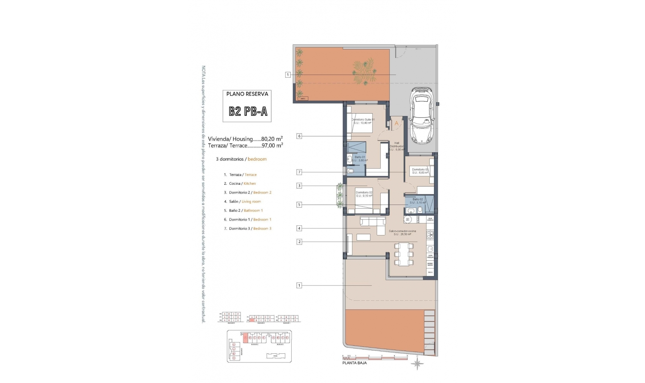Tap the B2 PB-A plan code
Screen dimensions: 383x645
point(248,112)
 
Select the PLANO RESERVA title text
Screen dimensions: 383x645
point(247,94)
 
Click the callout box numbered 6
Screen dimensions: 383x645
point(299,136)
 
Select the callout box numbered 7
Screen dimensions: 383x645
point(299,172)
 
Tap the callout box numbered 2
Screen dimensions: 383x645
point(299,242)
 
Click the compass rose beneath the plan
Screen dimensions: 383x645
point(417,363)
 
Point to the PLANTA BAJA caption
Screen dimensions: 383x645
point(354,363)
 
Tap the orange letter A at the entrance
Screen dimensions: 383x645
point(396,124)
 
